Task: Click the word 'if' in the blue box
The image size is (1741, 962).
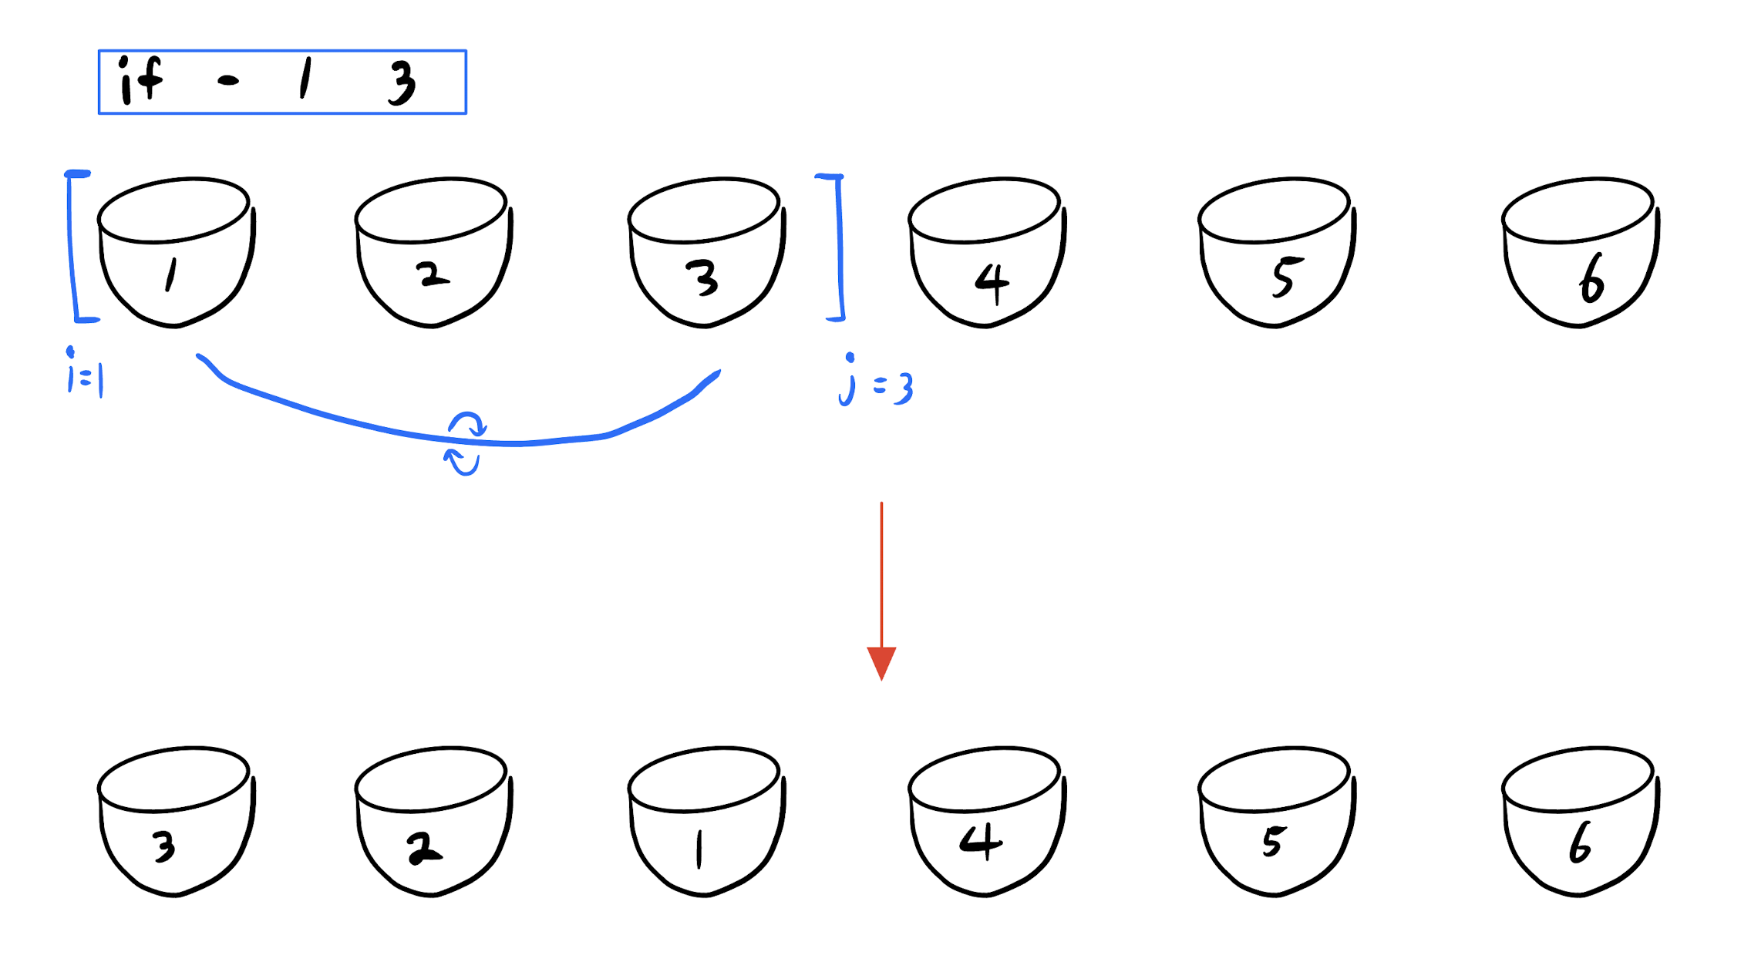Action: [140, 80]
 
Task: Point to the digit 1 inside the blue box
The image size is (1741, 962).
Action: [306, 79]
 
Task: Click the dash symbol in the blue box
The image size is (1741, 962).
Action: [228, 80]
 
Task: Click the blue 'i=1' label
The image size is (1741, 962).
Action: [85, 375]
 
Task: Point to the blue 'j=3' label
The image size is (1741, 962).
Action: [877, 382]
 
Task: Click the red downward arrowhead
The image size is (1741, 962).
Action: [881, 662]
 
